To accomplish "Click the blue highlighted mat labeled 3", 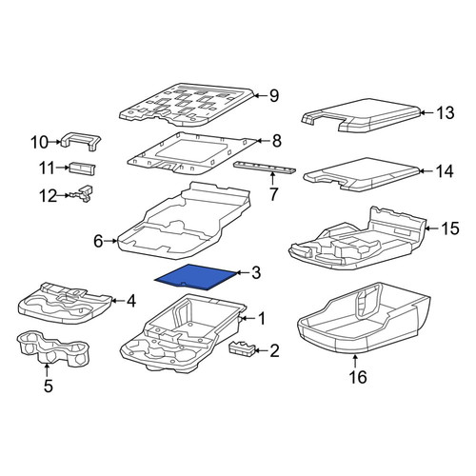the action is (x=195, y=277).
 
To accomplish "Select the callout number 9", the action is (x=274, y=95).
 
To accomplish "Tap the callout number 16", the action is (x=358, y=377).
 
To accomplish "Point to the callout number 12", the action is (x=49, y=196).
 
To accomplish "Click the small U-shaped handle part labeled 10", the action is (x=80, y=141).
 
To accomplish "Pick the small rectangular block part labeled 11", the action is (x=83, y=168).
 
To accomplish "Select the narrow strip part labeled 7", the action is (x=265, y=168).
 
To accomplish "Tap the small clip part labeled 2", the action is (x=242, y=348).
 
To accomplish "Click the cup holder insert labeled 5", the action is (x=51, y=348).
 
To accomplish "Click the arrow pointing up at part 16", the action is (x=355, y=362).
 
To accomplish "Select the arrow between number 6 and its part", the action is (x=111, y=241).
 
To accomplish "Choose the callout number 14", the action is (x=445, y=171).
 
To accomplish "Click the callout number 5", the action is (x=49, y=387).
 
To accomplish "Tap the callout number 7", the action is (x=273, y=194).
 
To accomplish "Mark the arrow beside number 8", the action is (x=263, y=141).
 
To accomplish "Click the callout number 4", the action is (x=131, y=301).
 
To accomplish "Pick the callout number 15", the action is (x=450, y=228).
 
